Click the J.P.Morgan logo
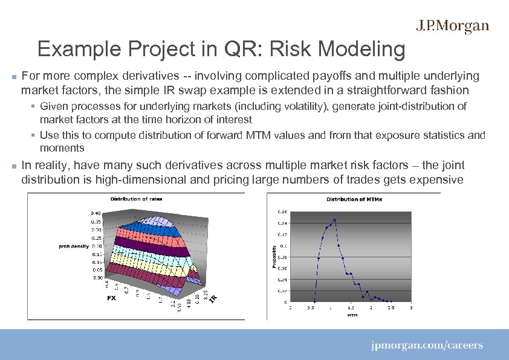(x=452, y=26)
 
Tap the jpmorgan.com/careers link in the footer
(x=427, y=346)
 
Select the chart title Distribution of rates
(x=136, y=199)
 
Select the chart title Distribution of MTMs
(x=354, y=199)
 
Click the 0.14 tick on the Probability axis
(x=283, y=223)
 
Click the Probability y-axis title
(x=274, y=257)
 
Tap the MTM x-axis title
(x=351, y=315)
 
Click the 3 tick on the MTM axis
(x=411, y=308)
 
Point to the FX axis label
(x=111, y=298)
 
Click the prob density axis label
(x=74, y=246)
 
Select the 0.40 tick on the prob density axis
(x=96, y=213)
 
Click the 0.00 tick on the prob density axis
(x=96, y=278)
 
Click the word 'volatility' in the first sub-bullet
(x=276, y=106)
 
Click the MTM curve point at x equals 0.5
(x=314, y=301)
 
